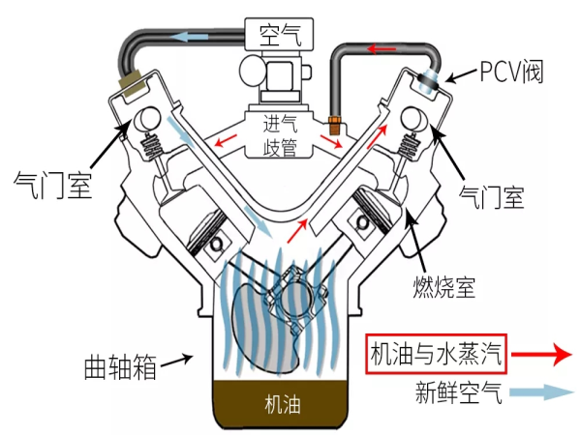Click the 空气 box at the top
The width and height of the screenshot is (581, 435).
click(x=279, y=34)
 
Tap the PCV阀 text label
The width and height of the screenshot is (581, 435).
click(x=511, y=72)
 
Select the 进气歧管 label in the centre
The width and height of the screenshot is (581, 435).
click(x=280, y=135)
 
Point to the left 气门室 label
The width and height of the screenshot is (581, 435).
click(x=52, y=186)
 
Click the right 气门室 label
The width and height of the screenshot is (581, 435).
click(x=491, y=197)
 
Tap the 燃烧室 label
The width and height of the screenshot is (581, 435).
click(x=443, y=287)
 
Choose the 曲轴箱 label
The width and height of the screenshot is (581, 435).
click(x=120, y=367)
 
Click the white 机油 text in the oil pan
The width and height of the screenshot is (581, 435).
click(x=283, y=404)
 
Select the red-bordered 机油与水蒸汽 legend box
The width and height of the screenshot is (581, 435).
click(x=436, y=354)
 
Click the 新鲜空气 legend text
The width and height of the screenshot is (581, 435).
click(x=459, y=392)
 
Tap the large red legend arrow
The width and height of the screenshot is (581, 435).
click(x=541, y=355)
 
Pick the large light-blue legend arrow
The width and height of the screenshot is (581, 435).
click(x=541, y=392)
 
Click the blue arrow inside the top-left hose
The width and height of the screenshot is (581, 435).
click(x=191, y=37)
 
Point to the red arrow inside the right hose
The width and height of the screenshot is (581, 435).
click(x=382, y=49)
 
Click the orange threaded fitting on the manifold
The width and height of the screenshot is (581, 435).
click(x=335, y=125)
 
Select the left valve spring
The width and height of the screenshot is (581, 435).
click(x=152, y=147)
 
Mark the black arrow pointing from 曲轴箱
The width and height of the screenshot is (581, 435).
click(x=177, y=361)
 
